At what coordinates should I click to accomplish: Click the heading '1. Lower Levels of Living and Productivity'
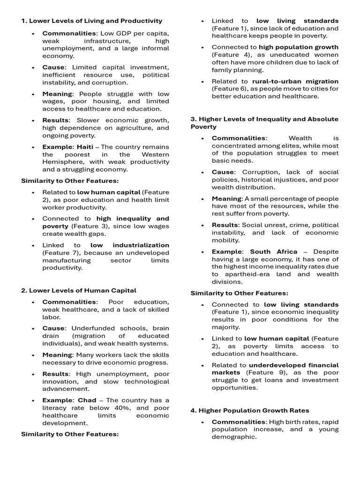(92, 21)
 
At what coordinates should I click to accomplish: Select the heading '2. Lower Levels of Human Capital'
(79, 291)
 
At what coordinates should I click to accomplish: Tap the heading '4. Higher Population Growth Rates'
(249, 411)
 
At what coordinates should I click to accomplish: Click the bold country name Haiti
(85, 147)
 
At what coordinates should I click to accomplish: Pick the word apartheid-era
(247, 274)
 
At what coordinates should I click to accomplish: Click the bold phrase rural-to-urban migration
(295, 81)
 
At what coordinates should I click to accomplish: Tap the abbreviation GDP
(119, 33)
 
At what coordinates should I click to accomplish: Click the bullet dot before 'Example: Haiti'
(33, 147)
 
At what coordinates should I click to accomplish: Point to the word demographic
(234, 437)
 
